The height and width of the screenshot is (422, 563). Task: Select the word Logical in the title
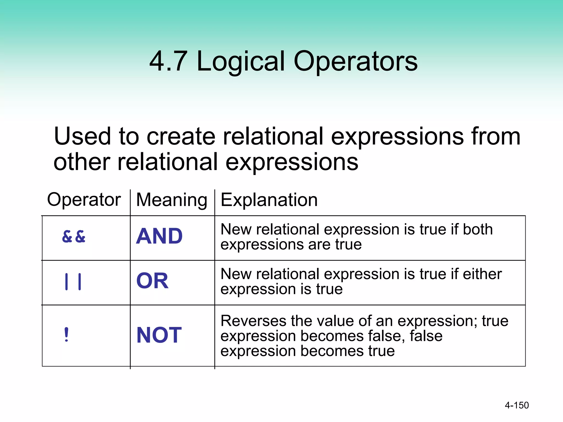pos(241,62)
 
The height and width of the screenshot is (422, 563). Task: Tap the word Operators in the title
pos(355,62)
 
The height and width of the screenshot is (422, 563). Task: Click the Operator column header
pos(84,199)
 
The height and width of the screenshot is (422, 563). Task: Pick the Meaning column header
pos(172,200)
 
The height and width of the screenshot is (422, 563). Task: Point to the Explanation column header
pos(269,200)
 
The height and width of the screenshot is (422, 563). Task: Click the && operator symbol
pos(74,237)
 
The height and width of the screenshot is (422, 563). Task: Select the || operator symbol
pos(73,281)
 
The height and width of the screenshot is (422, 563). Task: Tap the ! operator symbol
pos(66,335)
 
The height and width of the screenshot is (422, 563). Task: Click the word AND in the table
pos(159,236)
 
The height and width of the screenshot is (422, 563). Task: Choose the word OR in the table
pos(152,281)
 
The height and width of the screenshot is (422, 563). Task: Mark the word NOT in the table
pos(159,335)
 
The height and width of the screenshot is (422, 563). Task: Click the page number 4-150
pos(517,405)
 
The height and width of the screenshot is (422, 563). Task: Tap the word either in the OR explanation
pos(482,274)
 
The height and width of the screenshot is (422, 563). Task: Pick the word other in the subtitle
pos(82,162)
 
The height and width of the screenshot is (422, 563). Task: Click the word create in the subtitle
pos(181,136)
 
